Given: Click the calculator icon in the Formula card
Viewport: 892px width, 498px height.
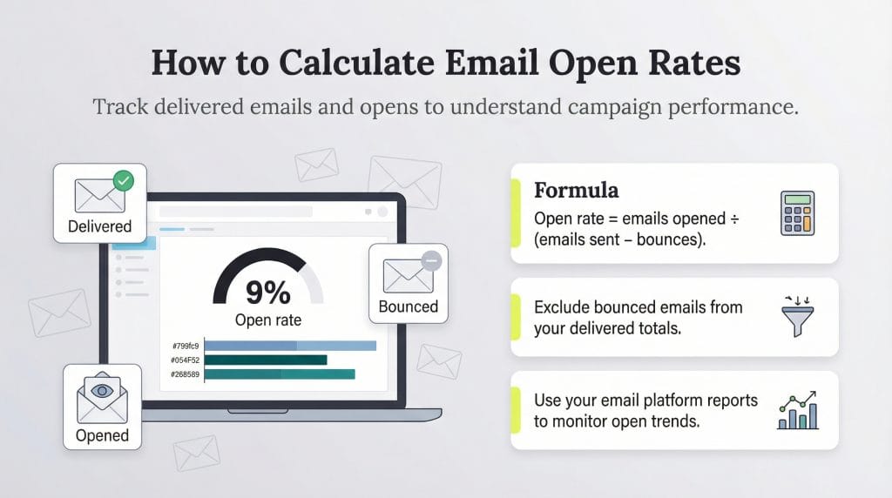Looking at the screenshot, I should pos(796,212).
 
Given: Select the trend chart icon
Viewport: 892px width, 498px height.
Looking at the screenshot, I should pos(796,410).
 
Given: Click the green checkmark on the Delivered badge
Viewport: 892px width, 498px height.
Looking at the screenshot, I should pos(125,181).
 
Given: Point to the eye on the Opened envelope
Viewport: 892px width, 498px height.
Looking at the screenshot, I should pos(103,391).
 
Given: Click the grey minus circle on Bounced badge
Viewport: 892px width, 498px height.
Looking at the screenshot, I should pos(431,259).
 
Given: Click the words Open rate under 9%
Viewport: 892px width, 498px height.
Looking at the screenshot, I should pos(268,320).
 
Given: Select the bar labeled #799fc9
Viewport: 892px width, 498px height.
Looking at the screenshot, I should pos(290,346).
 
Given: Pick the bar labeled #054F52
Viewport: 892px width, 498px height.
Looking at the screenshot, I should pos(266,360).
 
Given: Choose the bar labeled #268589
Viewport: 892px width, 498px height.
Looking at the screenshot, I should pos(280,374).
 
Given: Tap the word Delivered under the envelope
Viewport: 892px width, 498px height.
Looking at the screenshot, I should pos(99,226).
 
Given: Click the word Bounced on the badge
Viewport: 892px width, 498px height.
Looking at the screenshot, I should pos(409,306).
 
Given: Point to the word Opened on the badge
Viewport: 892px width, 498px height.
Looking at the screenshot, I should pos(102,435).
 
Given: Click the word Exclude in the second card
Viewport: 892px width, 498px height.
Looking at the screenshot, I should pos(564,306).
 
